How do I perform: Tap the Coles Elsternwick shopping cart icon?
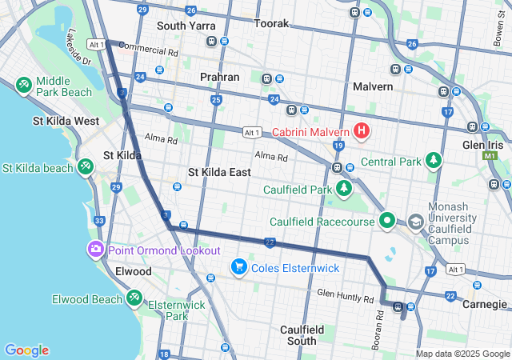[238, 267]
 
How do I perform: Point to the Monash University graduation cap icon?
[416, 221]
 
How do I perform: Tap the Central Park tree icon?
[434, 162]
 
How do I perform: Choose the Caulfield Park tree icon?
[343, 190]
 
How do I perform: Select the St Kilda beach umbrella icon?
[85, 168]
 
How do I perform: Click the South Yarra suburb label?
[186, 26]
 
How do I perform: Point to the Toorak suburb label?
[271, 24]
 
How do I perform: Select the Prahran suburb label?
[220, 77]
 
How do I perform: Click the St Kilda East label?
[219, 172]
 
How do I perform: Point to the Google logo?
[26, 350]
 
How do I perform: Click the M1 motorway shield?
[490, 157]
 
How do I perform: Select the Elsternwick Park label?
[166, 310]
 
